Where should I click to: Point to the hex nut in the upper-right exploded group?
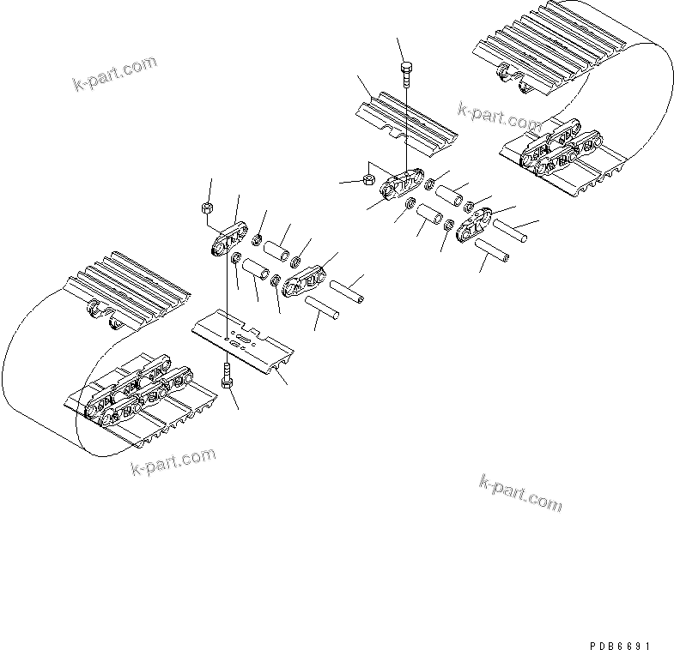366,179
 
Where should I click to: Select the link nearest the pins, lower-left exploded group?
304,280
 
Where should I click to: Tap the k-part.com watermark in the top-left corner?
114,75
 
